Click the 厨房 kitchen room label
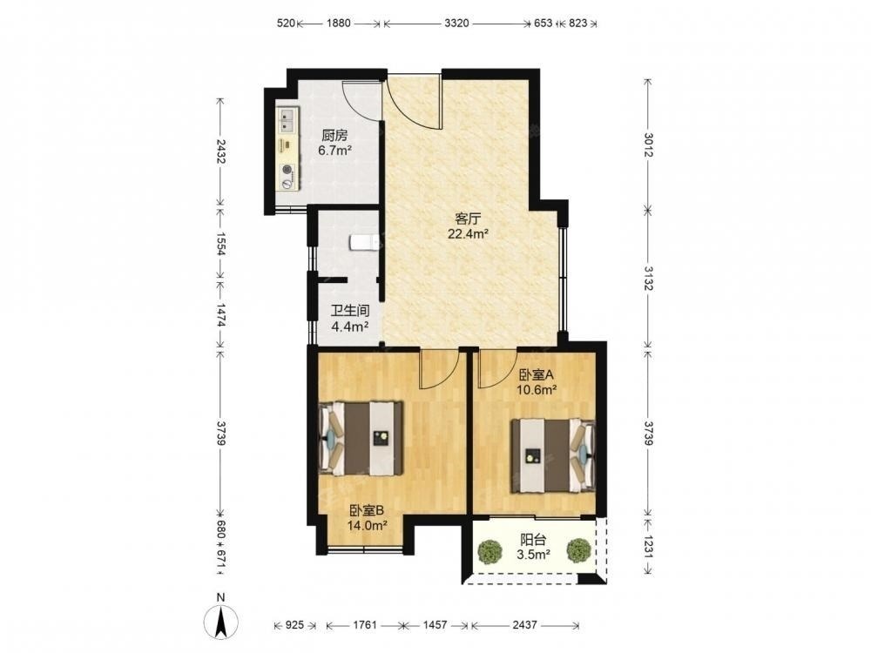pos(334,136)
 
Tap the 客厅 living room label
pos(468,219)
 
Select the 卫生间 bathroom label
pos(350,312)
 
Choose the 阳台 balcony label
pos(533,540)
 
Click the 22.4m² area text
pos(469,233)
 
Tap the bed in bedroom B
pos(361,438)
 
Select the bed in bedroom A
pos(553,456)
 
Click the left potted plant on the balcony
pos(490,550)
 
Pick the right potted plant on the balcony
pos(578,550)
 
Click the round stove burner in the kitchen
pos(287,171)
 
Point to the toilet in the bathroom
pos(364,243)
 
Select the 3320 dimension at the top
pos(457,24)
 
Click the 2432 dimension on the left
pos(220,151)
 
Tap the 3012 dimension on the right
pos(648,145)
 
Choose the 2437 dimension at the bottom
pos(525,625)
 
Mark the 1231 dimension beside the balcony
pos(648,545)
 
